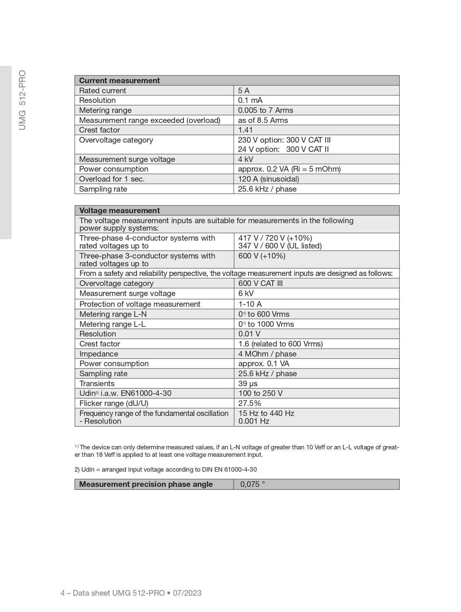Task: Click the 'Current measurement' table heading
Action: pos(119,81)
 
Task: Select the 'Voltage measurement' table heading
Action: pos(119,211)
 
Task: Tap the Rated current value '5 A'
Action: pos(244,91)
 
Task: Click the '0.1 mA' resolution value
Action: pos(250,100)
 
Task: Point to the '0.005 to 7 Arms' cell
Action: pos(265,110)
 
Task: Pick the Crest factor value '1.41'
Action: pos(245,130)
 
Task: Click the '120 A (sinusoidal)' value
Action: pos(268,179)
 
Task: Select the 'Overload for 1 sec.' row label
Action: pos(112,179)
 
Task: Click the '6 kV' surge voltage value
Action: pos(246,293)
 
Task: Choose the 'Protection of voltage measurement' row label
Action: pos(140,304)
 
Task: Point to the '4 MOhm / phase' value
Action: pos(267,354)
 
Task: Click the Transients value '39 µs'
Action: pos(248,384)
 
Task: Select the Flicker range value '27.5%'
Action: pos(250,403)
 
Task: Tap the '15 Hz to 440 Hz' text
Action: pos(266,413)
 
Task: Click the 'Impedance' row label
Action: pos(98,354)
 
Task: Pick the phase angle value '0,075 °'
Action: pos(253,484)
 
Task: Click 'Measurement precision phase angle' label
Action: pos(146,484)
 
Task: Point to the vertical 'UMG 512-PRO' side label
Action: pos(22,100)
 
